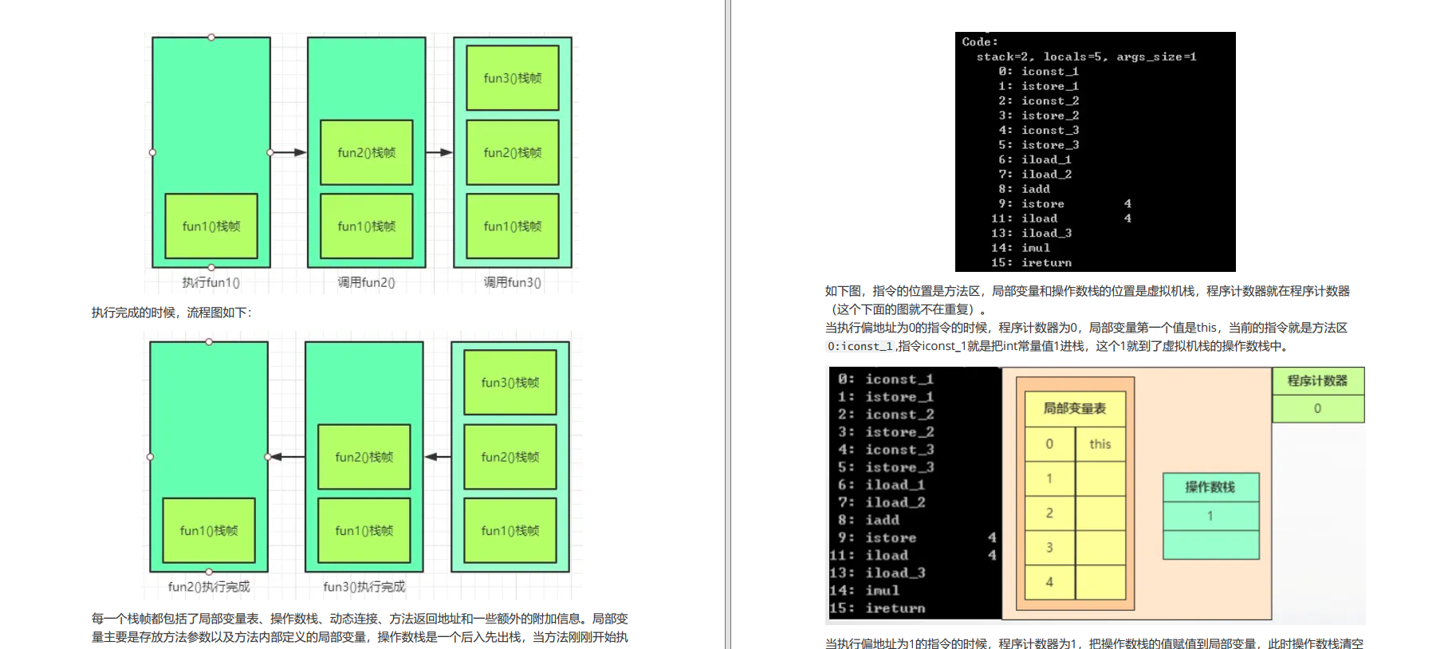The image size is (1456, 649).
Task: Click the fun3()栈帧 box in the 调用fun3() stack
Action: [512, 78]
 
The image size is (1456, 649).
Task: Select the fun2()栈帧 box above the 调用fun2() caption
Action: [366, 152]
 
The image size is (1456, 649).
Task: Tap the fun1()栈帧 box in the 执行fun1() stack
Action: [211, 226]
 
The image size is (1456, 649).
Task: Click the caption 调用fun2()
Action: [366, 282]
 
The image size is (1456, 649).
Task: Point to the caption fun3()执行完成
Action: [364, 587]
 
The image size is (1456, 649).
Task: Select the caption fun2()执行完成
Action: [209, 587]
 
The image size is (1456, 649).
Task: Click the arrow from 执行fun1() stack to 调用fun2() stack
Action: [289, 152]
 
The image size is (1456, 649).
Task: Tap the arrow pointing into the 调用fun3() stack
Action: [439, 152]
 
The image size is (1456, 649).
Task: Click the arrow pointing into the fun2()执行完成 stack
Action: [286, 457]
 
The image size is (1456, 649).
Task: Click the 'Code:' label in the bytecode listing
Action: [979, 41]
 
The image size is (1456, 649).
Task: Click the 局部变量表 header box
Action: [1075, 408]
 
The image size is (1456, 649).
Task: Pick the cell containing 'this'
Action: [1100, 444]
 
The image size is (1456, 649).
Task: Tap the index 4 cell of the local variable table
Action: [1049, 582]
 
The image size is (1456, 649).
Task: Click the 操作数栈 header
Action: [1210, 487]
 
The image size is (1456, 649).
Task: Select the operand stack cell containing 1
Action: [1210, 516]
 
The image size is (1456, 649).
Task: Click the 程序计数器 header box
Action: [1317, 381]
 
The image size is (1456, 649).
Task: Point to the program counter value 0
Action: [1317, 408]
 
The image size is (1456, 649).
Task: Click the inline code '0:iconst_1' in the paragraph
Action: [860, 346]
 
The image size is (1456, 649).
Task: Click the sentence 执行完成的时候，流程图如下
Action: [171, 313]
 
